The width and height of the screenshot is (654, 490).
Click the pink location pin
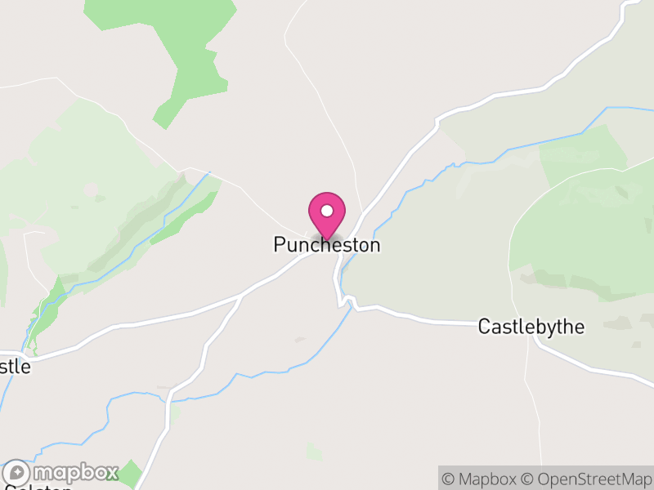coord(327,214)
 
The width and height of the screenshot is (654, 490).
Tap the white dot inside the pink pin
coord(327,211)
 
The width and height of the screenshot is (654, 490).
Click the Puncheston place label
coord(327,245)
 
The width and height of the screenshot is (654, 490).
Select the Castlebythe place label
coord(531,327)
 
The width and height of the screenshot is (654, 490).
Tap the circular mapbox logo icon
coord(17,474)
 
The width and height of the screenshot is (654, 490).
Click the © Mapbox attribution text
coord(480,479)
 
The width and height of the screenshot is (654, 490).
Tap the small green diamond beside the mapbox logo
coord(128,474)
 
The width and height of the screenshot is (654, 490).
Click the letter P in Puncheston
coord(280,245)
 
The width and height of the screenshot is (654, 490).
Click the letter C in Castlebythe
coord(484,327)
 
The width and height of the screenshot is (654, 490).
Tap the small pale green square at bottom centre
coord(314,451)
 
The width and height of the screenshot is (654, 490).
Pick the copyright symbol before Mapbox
coord(449,479)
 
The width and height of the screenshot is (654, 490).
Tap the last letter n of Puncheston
coord(374,245)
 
